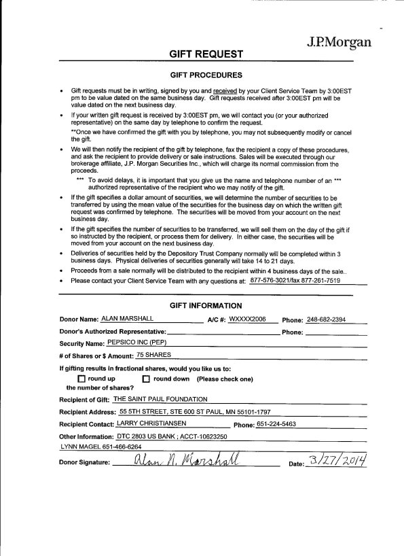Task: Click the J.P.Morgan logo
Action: (339, 42)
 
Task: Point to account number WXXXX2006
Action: (247, 319)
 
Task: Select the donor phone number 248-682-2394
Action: (326, 319)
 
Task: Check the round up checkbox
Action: (81, 379)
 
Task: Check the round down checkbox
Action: (145, 379)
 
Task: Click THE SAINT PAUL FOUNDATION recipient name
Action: (160, 399)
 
